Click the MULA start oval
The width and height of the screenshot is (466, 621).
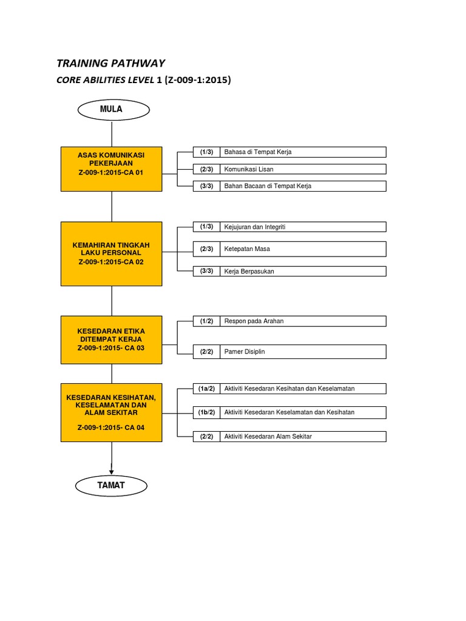(x=111, y=109)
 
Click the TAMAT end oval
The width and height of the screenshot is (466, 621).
(x=111, y=485)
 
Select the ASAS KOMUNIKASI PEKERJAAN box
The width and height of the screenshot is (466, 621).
(x=111, y=167)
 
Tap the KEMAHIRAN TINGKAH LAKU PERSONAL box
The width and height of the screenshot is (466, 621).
(x=111, y=253)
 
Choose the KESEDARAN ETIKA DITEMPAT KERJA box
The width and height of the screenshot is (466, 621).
(x=111, y=340)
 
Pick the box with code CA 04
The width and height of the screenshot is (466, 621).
(x=111, y=412)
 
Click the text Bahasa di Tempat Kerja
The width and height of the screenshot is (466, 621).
(x=258, y=152)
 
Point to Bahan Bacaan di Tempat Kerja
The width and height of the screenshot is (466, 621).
(x=268, y=186)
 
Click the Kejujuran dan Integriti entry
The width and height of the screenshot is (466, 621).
(x=255, y=227)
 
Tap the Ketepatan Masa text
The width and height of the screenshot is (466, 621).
(x=247, y=249)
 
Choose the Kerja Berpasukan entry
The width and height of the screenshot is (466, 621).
(x=249, y=271)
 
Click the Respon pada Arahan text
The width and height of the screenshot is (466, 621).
(x=254, y=321)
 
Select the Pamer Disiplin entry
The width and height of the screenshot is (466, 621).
(x=245, y=351)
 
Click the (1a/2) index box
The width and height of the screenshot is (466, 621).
(x=206, y=388)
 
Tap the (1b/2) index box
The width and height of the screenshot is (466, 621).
(x=206, y=412)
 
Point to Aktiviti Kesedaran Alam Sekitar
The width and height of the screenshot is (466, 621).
(x=268, y=437)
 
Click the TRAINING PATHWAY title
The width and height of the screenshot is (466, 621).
(x=110, y=63)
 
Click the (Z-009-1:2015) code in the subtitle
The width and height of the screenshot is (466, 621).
(x=197, y=79)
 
